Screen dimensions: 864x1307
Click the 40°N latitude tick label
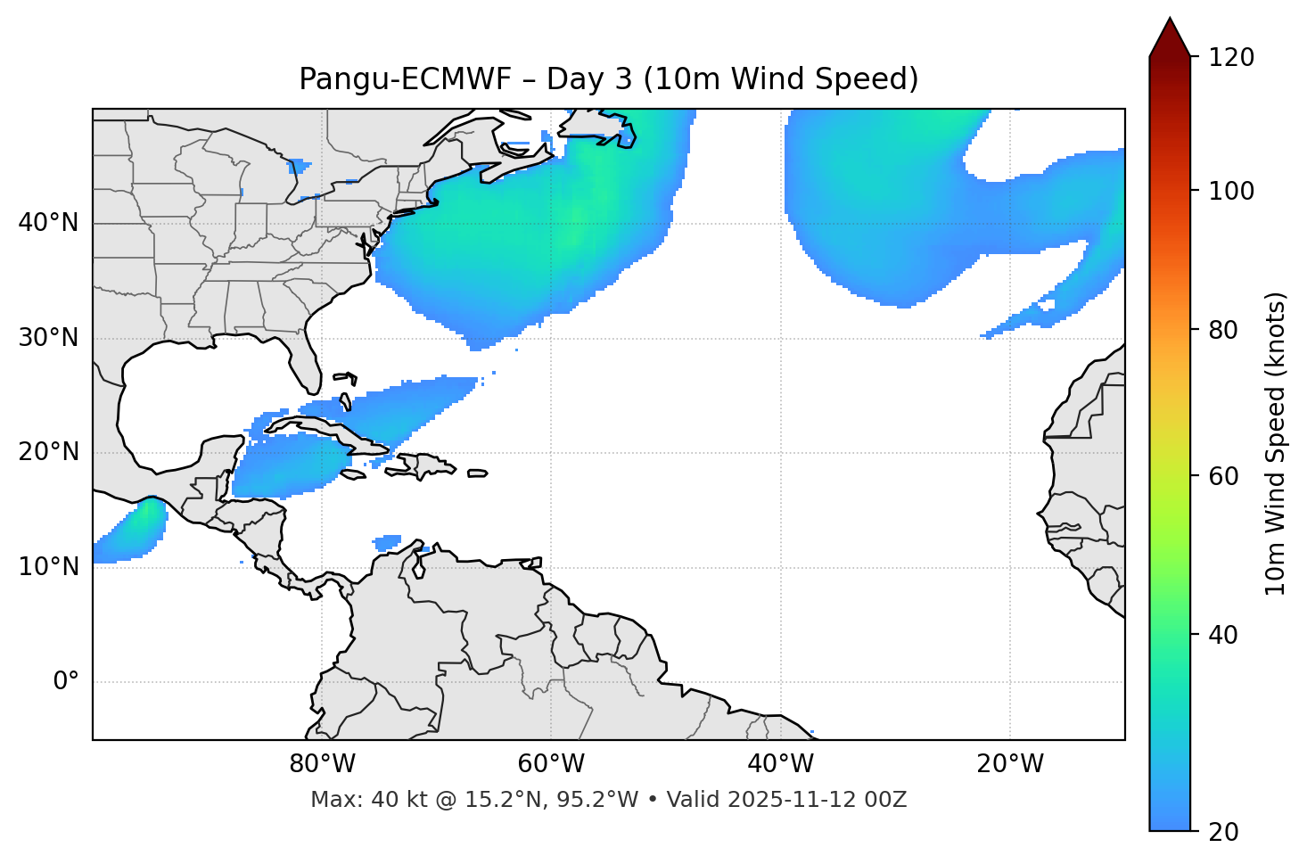coord(48,223)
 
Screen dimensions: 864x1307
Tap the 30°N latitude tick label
coord(48,338)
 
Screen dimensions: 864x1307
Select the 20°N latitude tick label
coord(48,452)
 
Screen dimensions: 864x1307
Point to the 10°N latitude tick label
coord(48,567)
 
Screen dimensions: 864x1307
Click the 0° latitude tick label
coord(66,682)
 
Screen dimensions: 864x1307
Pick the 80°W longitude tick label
coord(322,764)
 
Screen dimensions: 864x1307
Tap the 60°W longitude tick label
coord(551,764)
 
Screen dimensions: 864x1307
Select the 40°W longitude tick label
coord(780,764)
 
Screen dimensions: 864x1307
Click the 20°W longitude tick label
coord(1009,764)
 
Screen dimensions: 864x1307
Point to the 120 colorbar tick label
coord(1232,58)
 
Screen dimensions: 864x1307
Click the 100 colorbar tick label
coord(1232,191)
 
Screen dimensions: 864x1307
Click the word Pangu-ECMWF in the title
coord(405,79)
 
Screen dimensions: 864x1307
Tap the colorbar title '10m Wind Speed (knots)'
coord(1276,443)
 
